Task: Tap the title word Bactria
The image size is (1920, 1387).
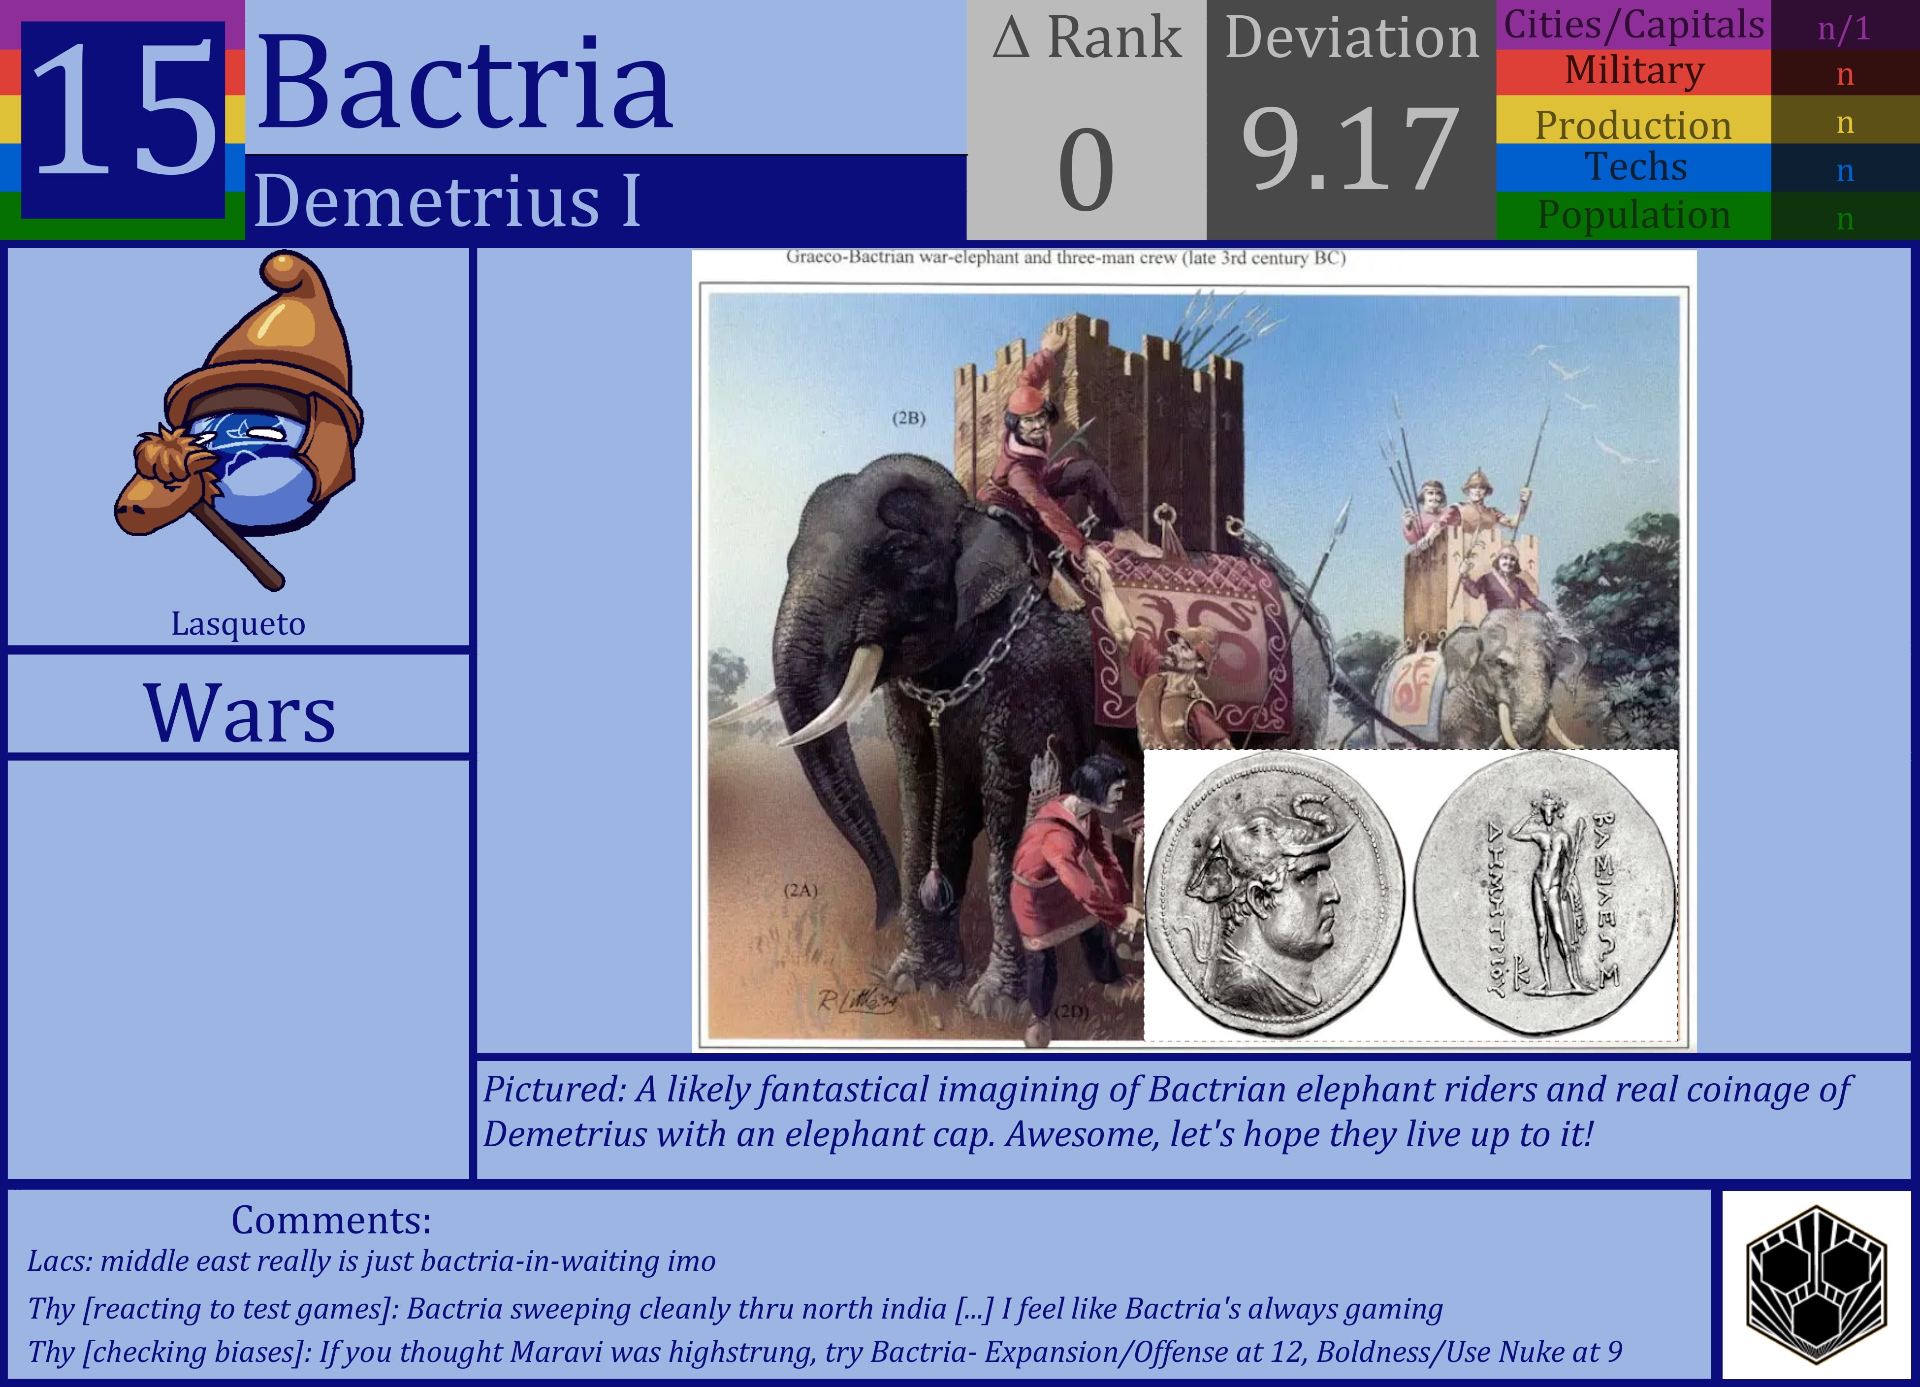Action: coord(464,83)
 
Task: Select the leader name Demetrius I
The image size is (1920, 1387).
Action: coord(447,201)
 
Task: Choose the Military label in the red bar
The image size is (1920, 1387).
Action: coord(1633,71)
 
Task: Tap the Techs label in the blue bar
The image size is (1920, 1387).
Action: coord(1635,167)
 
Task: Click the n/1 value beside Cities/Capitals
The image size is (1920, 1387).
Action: coord(1844,29)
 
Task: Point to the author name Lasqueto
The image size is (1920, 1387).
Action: coord(238,624)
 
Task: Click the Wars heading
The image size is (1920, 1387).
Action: coord(240,714)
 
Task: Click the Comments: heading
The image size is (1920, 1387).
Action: coord(331,1220)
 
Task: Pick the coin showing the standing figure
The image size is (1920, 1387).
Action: coord(1544,893)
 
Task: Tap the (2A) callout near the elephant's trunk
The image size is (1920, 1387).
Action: coord(800,890)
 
